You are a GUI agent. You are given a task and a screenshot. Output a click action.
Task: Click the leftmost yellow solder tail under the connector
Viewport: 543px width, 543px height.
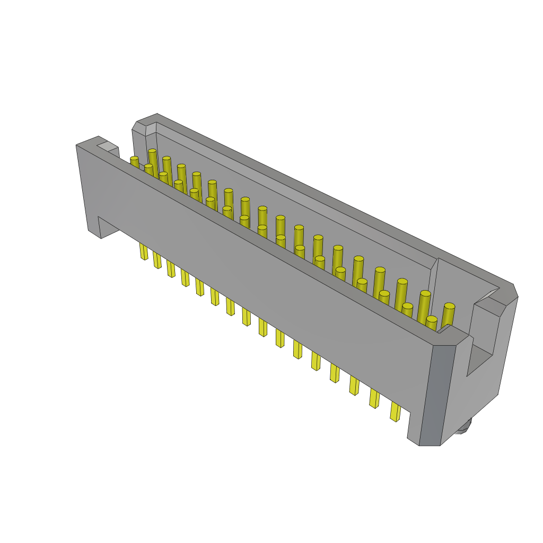(144, 251)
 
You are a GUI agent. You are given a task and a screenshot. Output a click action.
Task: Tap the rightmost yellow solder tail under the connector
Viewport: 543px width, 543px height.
(395, 411)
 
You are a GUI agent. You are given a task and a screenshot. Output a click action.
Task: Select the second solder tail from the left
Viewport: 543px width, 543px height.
(157, 260)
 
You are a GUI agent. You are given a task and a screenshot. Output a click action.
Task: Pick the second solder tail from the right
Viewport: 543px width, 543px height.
(374, 398)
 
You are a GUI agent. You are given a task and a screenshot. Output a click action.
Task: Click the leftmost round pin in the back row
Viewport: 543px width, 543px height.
(152, 159)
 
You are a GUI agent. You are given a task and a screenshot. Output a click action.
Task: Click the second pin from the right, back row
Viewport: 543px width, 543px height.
(424, 303)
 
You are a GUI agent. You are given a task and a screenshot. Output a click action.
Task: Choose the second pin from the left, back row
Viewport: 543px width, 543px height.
(167, 167)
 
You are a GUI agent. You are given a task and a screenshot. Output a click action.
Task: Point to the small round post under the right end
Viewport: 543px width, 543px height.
(463, 426)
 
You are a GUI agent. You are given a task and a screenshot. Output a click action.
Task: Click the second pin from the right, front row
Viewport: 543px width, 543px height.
(407, 311)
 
